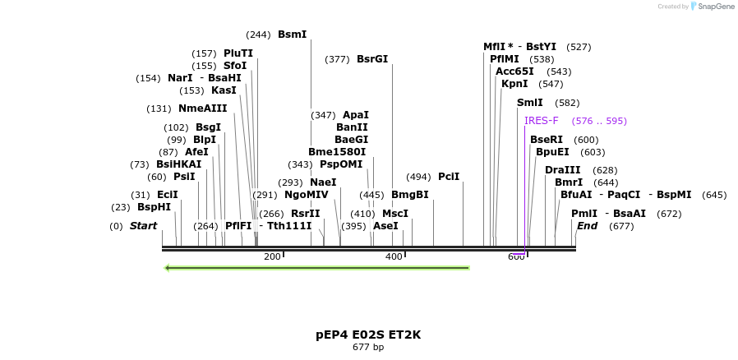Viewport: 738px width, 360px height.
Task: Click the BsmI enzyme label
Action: pos(292,35)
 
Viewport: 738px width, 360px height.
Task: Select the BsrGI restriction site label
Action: pos(371,59)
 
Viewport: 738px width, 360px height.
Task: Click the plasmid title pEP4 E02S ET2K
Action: pos(368,335)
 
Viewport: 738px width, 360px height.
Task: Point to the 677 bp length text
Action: pos(368,348)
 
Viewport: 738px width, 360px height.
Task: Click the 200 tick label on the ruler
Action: pos(272,257)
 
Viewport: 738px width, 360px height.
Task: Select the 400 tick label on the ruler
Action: pos(394,257)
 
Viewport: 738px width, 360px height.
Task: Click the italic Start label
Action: pos(143,226)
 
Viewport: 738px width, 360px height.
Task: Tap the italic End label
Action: pos(587,226)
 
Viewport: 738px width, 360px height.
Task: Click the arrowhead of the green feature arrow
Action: pos(168,268)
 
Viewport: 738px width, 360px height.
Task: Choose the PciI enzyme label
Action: pos(449,177)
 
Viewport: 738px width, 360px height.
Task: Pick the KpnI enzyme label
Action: pos(514,84)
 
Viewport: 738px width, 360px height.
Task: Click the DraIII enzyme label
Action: pos(562,170)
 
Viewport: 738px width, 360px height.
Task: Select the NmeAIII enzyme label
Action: pos(202,108)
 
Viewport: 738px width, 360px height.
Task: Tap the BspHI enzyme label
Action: pos(154,207)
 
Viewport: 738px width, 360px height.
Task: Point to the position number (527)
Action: pos(579,47)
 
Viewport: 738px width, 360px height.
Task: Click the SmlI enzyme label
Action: pos(529,103)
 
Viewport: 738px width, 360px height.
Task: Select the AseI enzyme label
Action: pos(385,226)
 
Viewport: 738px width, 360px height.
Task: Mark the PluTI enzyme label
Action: pos(238,53)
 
